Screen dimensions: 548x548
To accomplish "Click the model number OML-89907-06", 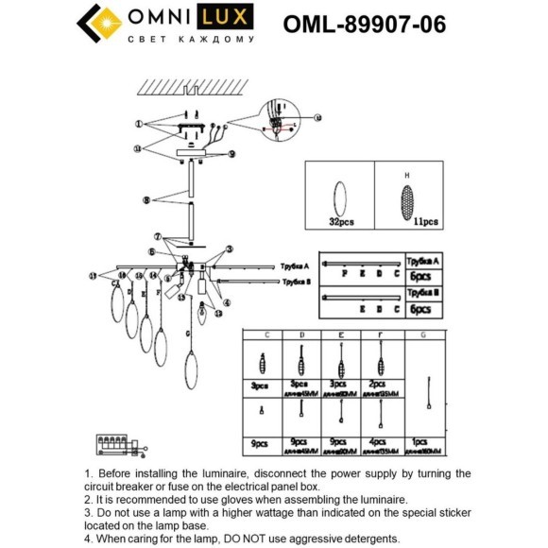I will point(365,24).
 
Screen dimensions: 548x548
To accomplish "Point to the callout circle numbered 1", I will point(137,124).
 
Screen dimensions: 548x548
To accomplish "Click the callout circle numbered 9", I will point(231,153).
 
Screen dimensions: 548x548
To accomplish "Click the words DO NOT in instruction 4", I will point(264,539).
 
